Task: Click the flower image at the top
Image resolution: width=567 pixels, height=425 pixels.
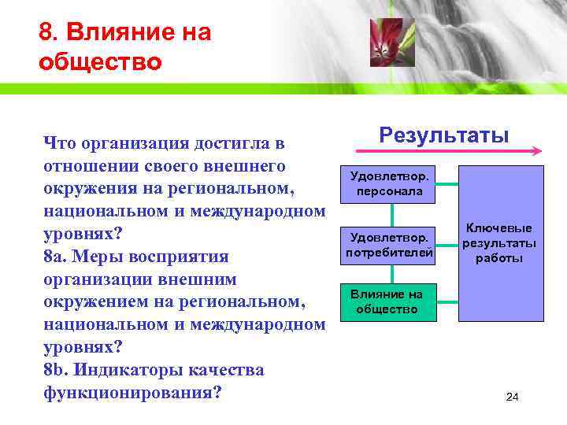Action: (x=391, y=42)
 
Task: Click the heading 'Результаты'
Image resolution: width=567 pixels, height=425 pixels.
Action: (x=443, y=135)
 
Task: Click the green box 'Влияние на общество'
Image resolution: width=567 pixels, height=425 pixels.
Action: (x=387, y=301)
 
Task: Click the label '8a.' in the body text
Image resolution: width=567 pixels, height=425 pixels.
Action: (x=57, y=257)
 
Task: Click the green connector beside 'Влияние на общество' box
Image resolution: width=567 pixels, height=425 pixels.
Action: (x=448, y=301)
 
